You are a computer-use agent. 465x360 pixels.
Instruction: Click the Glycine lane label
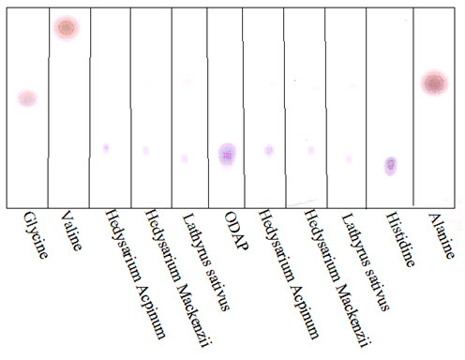click(36, 235)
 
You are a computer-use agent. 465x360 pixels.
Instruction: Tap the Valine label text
click(72, 231)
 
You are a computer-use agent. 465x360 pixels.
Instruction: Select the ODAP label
click(236, 231)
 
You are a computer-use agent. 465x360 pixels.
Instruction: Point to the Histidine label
click(400, 239)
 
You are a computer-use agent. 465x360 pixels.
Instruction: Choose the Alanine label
click(441, 235)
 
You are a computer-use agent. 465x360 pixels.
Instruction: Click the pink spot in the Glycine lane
click(27, 98)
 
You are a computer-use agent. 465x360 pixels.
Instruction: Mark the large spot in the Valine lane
click(67, 28)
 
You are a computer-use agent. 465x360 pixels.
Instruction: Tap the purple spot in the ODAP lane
click(227, 155)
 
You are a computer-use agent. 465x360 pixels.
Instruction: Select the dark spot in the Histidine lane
click(390, 165)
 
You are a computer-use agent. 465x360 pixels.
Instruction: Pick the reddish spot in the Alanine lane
click(434, 83)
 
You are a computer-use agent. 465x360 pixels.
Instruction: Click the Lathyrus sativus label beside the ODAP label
click(205, 262)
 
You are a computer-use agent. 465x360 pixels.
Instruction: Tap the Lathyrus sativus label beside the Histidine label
click(365, 262)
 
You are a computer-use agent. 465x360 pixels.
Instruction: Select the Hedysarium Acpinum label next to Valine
click(135, 274)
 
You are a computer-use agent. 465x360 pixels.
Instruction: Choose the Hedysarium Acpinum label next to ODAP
click(288, 274)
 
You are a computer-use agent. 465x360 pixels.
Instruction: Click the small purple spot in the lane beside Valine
click(106, 147)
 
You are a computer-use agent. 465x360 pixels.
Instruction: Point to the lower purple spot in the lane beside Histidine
click(349, 159)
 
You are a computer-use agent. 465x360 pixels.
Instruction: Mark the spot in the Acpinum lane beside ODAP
click(269, 150)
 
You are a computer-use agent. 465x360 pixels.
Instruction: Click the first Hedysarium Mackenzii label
click(179, 278)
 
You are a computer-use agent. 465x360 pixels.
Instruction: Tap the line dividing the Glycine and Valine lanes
click(49, 108)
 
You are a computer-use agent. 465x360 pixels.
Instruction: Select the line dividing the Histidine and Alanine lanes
click(413, 107)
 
